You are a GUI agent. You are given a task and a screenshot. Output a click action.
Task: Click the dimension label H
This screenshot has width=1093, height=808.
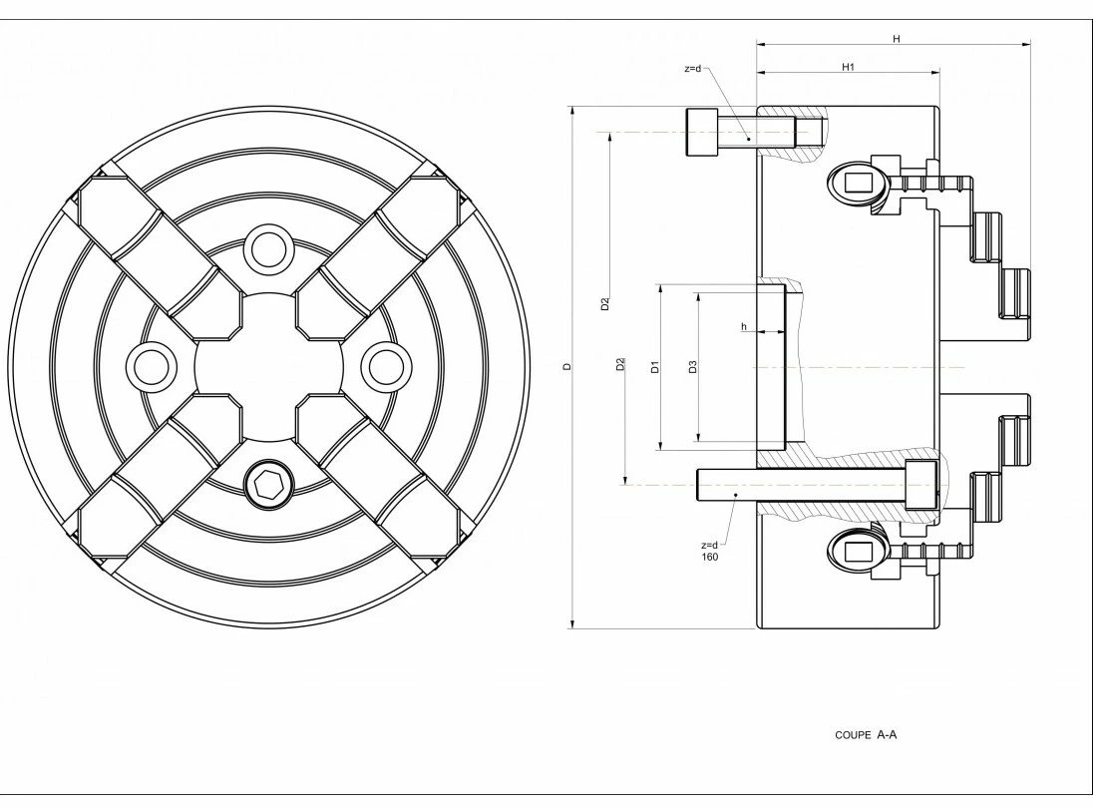pos(896,39)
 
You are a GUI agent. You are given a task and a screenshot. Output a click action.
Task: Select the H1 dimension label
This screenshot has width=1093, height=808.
pos(849,67)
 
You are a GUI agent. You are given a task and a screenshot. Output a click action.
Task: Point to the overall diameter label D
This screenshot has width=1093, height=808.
pos(565,367)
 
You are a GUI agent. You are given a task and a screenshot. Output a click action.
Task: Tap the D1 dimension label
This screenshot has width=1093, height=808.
pos(654,367)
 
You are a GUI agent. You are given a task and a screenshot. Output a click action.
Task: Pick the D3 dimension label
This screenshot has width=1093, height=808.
pos(692,367)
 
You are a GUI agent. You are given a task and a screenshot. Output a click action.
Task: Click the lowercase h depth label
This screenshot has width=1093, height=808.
pos(743,326)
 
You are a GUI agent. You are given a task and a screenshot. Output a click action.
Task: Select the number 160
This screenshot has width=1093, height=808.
pos(710,557)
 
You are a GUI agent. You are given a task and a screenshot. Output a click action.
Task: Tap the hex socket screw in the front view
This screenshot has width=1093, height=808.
pos(267,486)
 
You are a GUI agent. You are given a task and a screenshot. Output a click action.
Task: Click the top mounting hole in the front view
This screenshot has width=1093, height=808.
pos(267,247)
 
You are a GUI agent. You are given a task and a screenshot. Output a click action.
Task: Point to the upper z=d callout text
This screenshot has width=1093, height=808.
pos(693,69)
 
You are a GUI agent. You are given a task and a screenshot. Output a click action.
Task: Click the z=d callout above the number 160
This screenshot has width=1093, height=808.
pos(710,545)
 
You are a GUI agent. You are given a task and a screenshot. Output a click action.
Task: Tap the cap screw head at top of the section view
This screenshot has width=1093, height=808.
pos(702,132)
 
